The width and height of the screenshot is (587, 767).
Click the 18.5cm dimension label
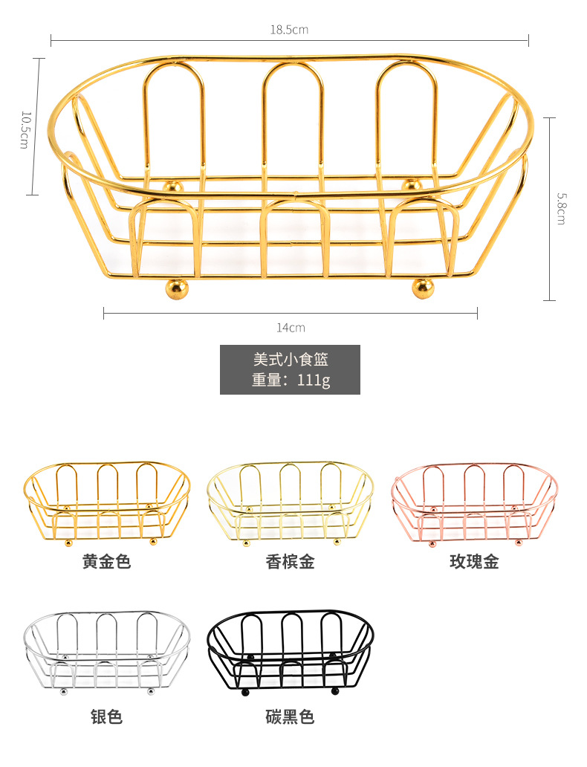tap(289, 30)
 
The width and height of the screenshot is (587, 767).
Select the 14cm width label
tap(291, 328)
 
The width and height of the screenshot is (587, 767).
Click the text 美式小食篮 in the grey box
tap(290, 359)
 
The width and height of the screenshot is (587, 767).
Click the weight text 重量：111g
tap(290, 380)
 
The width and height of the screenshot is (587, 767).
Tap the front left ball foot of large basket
tap(176, 288)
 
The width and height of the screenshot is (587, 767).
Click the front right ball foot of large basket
tap(423, 288)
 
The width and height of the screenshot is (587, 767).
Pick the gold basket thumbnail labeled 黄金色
tap(106, 502)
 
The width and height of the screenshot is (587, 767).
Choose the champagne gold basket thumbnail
tap(290, 502)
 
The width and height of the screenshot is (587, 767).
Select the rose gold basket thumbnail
tap(474, 502)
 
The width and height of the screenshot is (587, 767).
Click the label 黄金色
tap(106, 562)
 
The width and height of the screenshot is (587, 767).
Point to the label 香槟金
tap(290, 562)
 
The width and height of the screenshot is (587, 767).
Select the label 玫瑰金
tap(474, 562)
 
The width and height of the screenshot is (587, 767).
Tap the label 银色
tap(106, 716)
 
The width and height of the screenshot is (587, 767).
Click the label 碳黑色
tap(290, 716)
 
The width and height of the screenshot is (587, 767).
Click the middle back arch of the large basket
tap(293, 111)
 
